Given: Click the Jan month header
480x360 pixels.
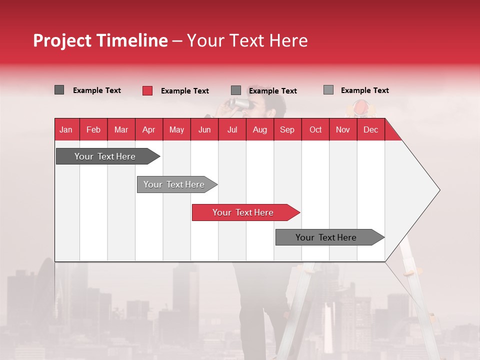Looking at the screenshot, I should point(66,129).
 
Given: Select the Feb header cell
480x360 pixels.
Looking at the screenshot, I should point(93,129).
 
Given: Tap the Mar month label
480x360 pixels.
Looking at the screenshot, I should point(121,129).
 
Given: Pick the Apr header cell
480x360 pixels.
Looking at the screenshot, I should point(148,129).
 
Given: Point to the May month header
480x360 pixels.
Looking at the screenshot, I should point(176,129).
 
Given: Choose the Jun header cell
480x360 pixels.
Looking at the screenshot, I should point(204,129).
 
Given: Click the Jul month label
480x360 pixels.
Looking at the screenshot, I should point(232,129).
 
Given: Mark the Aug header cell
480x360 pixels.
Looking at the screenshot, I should point(260,129).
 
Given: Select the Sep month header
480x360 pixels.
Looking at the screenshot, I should point(287,129).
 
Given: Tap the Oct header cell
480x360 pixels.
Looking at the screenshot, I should point(315,129).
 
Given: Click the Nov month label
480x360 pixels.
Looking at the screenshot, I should point(343,129).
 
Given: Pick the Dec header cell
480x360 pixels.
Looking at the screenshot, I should point(370,129).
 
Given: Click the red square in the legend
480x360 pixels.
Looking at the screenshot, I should point(147,90).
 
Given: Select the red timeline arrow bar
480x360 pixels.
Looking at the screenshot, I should point(245,212).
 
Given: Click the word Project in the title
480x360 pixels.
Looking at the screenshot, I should point(62,40).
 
